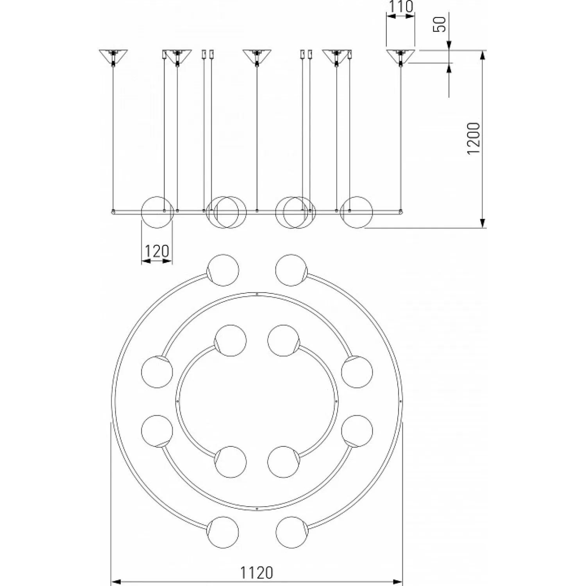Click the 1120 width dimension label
[256, 573]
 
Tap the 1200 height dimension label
[474, 138]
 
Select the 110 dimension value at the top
[400, 7]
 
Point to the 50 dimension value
[440, 24]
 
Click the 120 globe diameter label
[157, 251]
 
